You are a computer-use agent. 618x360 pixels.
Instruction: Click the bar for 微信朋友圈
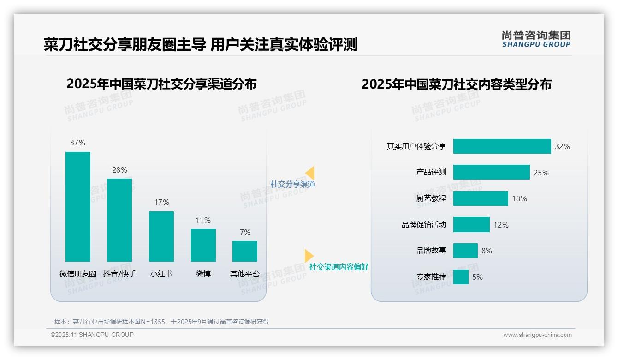click(x=78, y=206)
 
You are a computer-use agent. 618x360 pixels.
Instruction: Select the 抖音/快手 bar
click(x=119, y=220)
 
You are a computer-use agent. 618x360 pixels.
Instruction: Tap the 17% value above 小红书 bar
click(x=161, y=202)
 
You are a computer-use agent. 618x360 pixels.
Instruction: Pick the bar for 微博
click(x=203, y=245)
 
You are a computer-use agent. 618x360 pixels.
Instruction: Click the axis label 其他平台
click(x=245, y=274)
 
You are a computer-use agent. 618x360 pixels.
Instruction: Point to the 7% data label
click(x=245, y=232)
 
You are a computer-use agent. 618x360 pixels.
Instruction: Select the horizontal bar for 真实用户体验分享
click(x=502, y=146)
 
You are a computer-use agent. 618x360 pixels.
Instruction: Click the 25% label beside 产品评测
click(x=541, y=173)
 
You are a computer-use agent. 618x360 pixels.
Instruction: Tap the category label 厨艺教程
click(x=431, y=198)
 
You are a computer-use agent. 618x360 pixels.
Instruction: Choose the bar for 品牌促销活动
click(x=471, y=225)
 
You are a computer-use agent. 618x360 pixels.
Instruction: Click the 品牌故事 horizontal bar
click(x=465, y=251)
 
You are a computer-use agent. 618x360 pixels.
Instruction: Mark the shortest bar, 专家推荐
click(x=461, y=277)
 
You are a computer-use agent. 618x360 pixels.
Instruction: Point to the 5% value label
click(x=477, y=277)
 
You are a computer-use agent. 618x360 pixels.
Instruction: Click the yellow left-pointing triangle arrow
click(x=310, y=173)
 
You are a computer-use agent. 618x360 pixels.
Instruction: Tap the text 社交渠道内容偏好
click(x=339, y=267)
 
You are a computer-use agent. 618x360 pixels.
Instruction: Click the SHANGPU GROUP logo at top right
click(x=536, y=39)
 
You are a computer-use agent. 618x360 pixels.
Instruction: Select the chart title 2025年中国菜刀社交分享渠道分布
click(x=161, y=84)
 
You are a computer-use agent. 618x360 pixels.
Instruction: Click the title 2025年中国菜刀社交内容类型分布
click(x=456, y=84)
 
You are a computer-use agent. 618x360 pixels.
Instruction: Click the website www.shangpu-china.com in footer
click(x=537, y=335)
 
